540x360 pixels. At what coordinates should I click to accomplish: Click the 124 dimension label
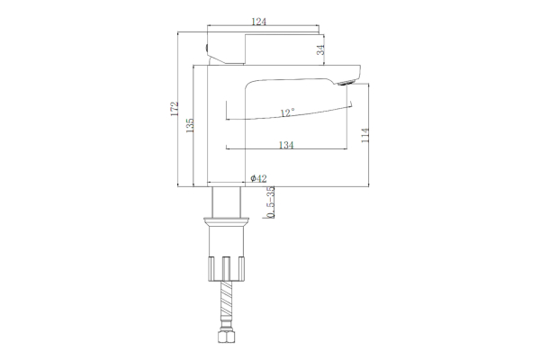pos(259,22)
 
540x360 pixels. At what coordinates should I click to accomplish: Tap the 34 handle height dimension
pos(320,49)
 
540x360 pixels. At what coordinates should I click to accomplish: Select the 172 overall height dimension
pos(175,109)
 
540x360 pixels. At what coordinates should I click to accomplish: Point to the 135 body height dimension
pos(190,125)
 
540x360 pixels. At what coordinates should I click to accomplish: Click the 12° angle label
pos(288,112)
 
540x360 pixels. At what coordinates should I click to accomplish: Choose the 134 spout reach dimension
pos(286,145)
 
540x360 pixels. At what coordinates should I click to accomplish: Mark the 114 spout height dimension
pos(365,135)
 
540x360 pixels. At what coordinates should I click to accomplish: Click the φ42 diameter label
pos(258,178)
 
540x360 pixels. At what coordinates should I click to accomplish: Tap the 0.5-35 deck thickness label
pos(272,202)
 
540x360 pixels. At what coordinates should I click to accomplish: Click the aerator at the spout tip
pos(346,83)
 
